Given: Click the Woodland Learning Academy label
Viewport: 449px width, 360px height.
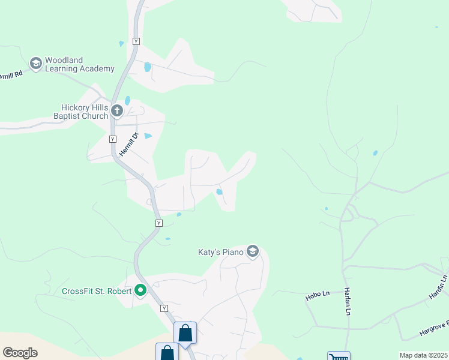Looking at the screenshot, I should [80, 64].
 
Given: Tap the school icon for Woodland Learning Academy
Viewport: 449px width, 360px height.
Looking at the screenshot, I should [35, 62].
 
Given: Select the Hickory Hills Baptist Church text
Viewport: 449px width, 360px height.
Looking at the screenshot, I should [80, 112].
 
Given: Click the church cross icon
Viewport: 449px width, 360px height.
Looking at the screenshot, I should [117, 110].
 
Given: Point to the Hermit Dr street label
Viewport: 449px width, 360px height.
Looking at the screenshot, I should [128, 145].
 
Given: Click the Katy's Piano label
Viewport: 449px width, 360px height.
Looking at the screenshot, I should [221, 252].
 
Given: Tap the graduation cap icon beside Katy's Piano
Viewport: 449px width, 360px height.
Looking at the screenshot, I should [253, 251].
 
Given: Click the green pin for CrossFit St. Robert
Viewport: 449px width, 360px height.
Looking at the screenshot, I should [141, 291].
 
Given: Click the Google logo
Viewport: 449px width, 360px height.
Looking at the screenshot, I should [20, 352].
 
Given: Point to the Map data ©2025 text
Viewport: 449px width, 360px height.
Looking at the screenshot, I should [423, 355].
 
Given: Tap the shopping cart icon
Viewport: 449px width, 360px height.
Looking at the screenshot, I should [339, 356].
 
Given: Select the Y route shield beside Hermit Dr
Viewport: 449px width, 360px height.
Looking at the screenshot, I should [112, 139].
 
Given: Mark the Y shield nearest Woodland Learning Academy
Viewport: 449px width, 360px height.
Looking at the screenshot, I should [136, 41].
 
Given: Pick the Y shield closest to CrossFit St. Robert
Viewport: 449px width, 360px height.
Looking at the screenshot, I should [164, 308].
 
